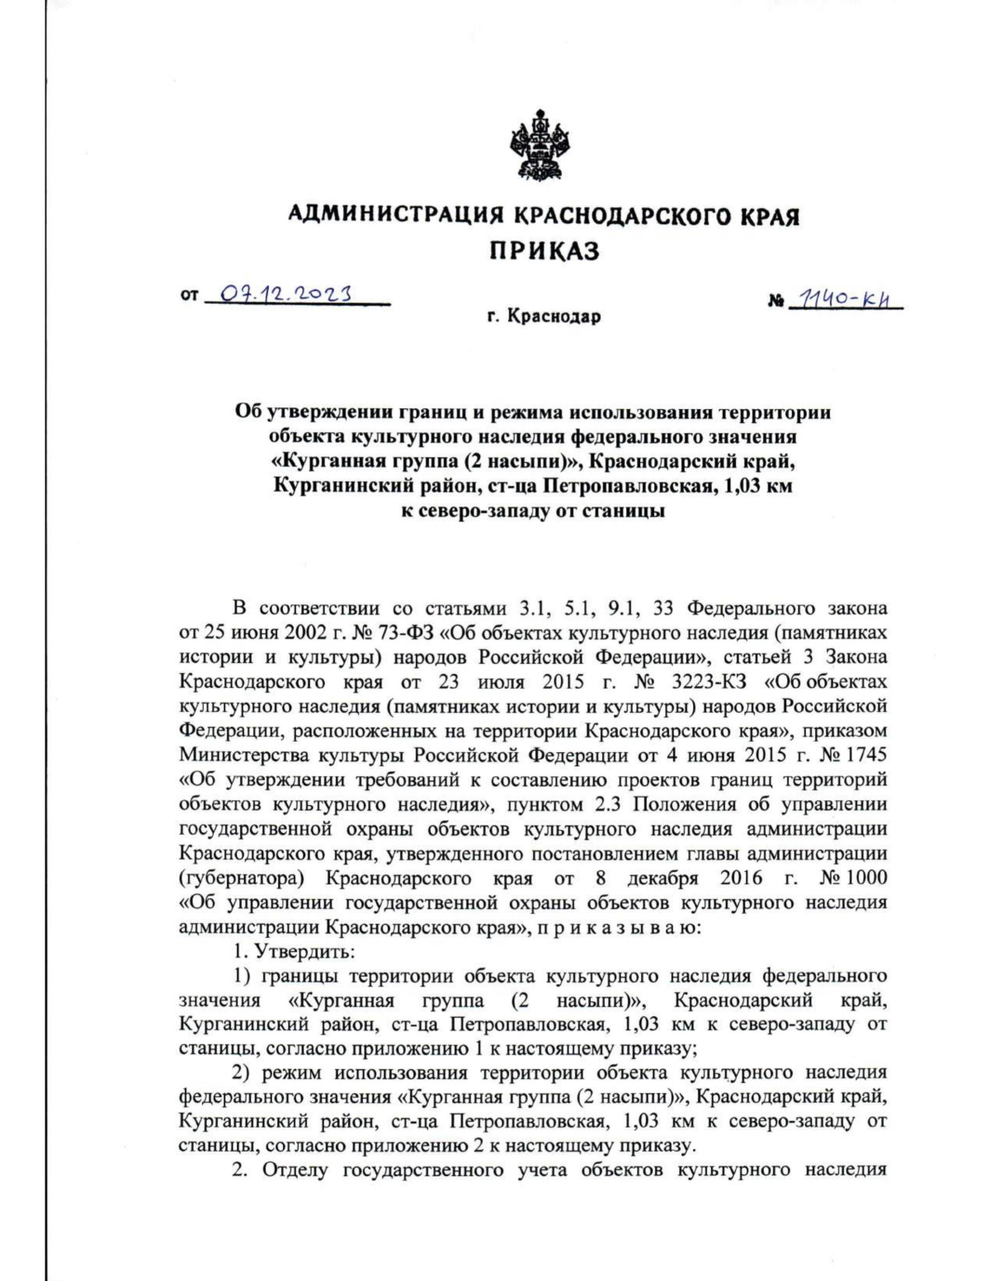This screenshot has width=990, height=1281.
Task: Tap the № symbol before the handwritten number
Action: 775,304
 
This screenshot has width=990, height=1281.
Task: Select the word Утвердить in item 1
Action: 306,951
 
